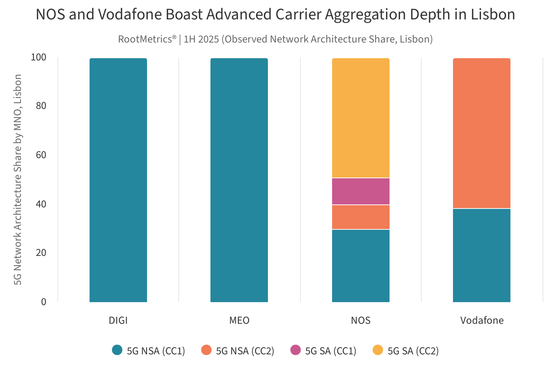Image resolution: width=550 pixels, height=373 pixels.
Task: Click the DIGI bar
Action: coord(118,180)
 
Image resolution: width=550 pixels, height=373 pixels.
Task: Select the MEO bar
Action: coord(239,180)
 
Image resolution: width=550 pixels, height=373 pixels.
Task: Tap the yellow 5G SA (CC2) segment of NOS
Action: coord(361,118)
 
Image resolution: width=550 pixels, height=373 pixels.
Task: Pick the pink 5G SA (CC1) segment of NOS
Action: coord(361,191)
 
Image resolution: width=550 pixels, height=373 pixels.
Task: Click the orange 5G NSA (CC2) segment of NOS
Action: coord(361,217)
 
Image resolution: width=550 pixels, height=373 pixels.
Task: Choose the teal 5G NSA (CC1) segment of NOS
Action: coord(361,266)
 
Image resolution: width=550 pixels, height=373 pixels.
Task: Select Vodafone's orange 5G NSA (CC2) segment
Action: coord(482,133)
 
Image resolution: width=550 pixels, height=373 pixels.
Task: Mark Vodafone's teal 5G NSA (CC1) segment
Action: coord(482,255)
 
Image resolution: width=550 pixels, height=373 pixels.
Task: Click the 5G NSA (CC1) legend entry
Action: coord(149,351)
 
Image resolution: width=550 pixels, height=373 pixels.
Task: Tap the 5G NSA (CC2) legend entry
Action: coord(238,351)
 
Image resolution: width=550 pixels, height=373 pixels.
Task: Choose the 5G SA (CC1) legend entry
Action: coord(323,351)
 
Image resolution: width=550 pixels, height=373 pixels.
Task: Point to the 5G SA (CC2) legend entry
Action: coord(406,351)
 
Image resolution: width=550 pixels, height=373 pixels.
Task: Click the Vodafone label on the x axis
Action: coord(482,320)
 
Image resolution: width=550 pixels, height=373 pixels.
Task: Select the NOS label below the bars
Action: coord(361,320)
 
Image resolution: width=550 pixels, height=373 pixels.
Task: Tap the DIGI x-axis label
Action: coord(118,320)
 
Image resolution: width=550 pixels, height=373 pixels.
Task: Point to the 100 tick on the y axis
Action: coord(38,57)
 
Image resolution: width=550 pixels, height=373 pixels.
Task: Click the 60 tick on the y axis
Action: coord(41,155)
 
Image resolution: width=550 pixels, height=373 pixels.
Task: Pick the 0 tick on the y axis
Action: coord(44,302)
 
